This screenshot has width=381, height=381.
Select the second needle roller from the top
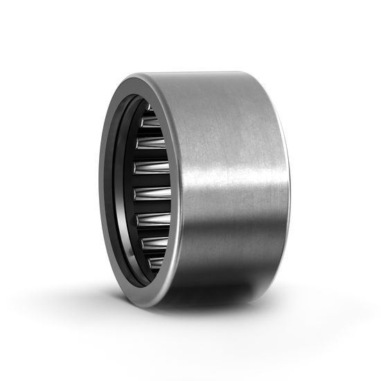click(152, 121)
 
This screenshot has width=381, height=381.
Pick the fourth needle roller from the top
click(154, 168)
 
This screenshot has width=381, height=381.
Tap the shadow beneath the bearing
click(208, 312)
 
